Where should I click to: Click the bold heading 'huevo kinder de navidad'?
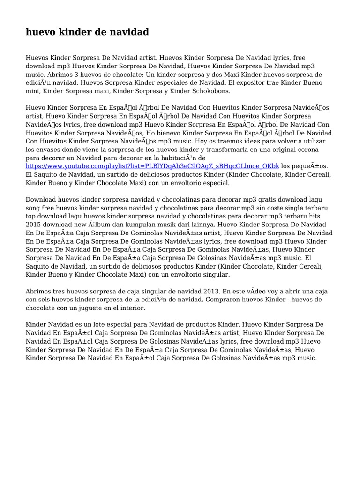coord(87,32)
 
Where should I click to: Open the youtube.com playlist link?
coord(152,166)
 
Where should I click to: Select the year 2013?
coord(209,291)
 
